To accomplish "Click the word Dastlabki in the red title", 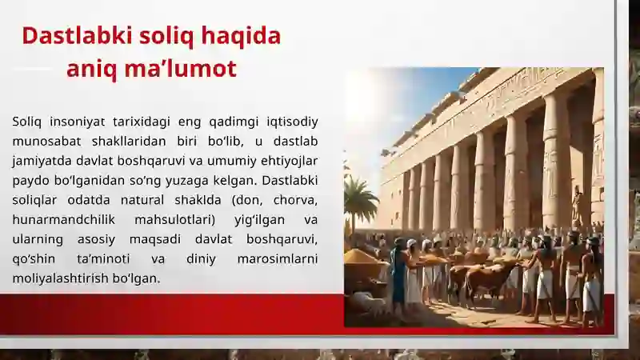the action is click(x=78, y=35).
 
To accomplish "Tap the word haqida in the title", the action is click(x=241, y=37).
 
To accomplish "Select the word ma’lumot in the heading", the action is click(x=181, y=69).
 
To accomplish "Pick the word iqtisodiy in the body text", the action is click(x=292, y=122).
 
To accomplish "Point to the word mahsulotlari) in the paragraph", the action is click(x=174, y=220).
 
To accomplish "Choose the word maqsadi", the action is click(x=155, y=239).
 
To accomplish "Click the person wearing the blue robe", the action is click(x=399, y=274).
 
